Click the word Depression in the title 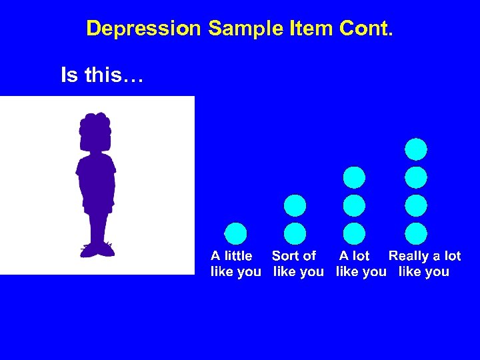pyautogui.click(x=143, y=29)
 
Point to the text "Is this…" pyautogui.click(x=101, y=75)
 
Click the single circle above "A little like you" pyautogui.click(x=235, y=233)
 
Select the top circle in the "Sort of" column pyautogui.click(x=295, y=205)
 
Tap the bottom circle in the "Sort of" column pyautogui.click(x=295, y=233)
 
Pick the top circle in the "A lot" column pyautogui.click(x=354, y=177)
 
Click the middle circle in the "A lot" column pyautogui.click(x=354, y=205)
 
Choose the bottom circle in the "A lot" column pyautogui.click(x=354, y=233)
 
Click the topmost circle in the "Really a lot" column pyautogui.click(x=416, y=149)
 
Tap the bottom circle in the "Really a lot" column pyautogui.click(x=416, y=233)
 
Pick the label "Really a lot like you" pyautogui.click(x=425, y=263)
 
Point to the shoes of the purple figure pyautogui.click(x=97, y=250)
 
